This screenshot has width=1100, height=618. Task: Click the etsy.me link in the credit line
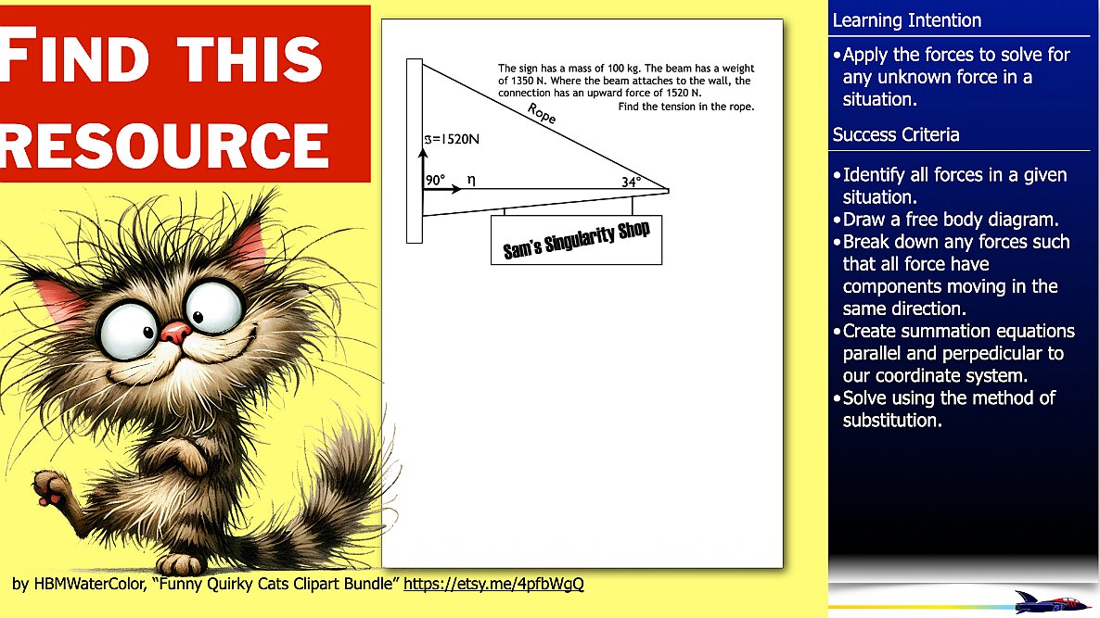click(x=493, y=584)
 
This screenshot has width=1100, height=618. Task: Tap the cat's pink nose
click(x=174, y=332)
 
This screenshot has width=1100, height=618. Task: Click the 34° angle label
click(x=632, y=183)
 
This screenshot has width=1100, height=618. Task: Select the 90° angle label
click(x=435, y=180)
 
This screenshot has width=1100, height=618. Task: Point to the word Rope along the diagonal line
click(x=542, y=114)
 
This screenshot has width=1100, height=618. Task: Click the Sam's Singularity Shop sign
click(x=576, y=240)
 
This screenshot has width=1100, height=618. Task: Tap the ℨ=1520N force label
click(x=451, y=139)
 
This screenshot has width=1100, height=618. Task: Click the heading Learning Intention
click(x=906, y=20)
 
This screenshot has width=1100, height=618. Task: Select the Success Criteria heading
click(x=896, y=134)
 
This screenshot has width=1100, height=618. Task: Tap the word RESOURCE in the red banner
click(x=164, y=145)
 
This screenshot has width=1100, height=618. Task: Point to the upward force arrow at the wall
click(x=423, y=169)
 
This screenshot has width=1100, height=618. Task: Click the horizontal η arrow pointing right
click(x=442, y=189)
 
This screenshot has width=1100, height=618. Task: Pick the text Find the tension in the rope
click(x=686, y=107)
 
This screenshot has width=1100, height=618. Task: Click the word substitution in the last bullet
click(x=891, y=421)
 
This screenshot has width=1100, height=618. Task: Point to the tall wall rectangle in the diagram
click(x=415, y=151)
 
